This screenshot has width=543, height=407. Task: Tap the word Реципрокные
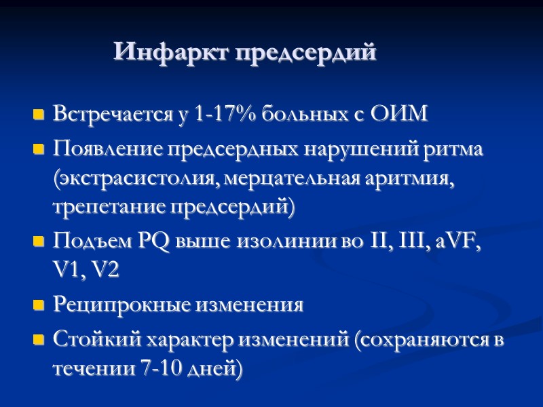(121, 305)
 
